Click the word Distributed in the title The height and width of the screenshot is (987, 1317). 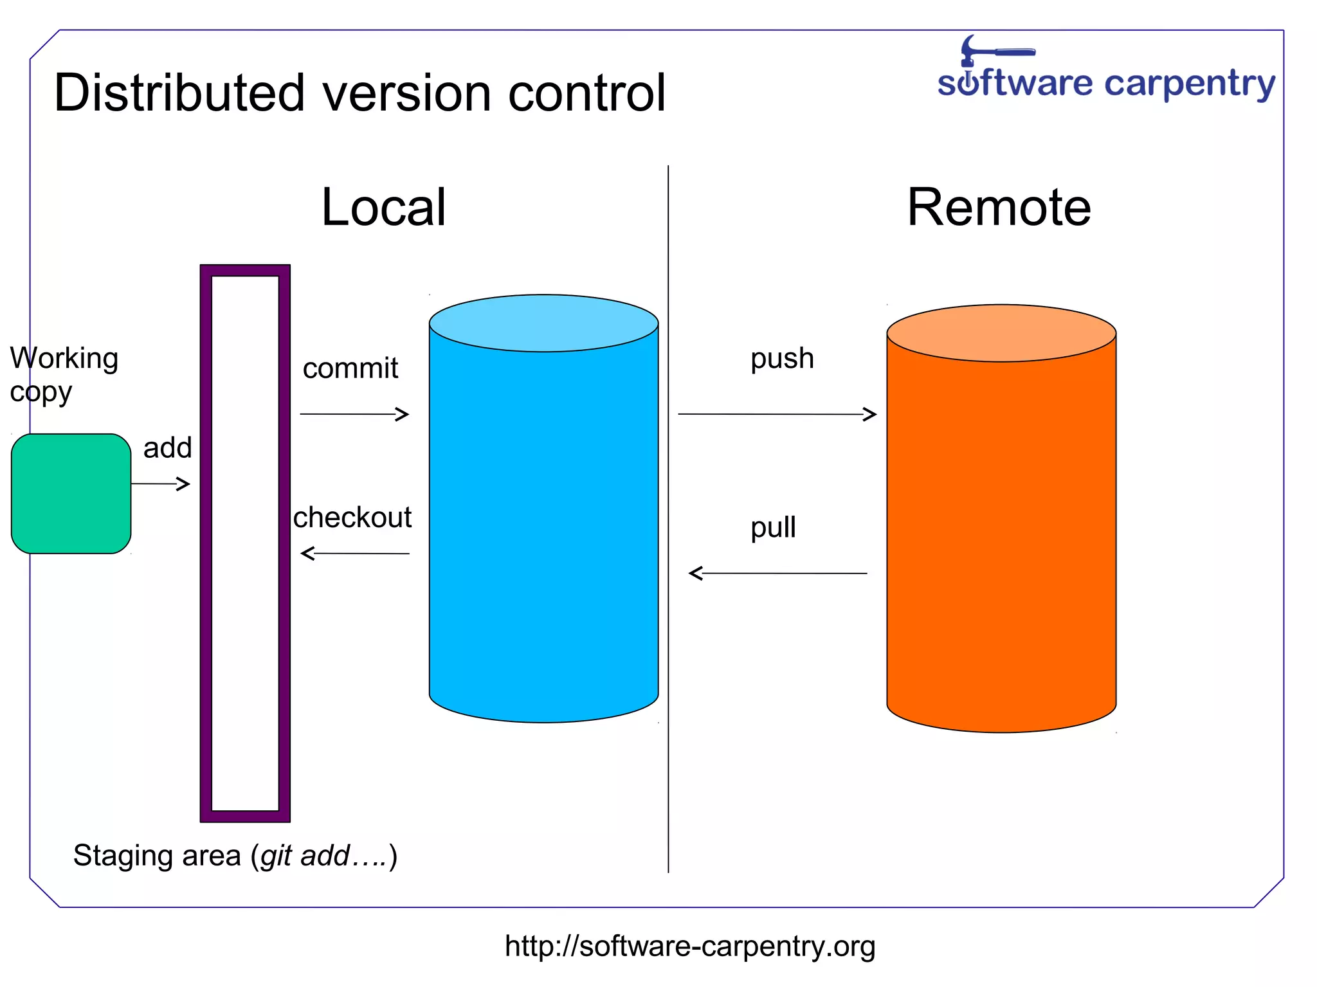pos(179,93)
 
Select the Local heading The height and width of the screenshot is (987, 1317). pos(383,207)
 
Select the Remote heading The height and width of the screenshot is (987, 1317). pos(999,207)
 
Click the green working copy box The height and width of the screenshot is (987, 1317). pos(71,493)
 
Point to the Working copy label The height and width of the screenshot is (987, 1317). pos(63,374)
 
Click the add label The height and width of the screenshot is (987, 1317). pos(167,448)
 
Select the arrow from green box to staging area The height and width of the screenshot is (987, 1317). pos(160,484)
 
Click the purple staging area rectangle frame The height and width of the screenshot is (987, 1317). pos(206,543)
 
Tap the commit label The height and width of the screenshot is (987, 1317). pos(350,368)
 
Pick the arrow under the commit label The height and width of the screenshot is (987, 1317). pos(354,414)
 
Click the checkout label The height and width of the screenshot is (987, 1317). pos(352,517)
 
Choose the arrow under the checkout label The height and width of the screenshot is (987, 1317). pos(355,553)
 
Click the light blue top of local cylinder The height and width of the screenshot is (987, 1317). pos(543,323)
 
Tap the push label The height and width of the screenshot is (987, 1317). pos(782,359)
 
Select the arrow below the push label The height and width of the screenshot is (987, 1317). pos(777,414)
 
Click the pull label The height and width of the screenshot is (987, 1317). pos(773,527)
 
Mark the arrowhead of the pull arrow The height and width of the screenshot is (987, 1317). pos(695,573)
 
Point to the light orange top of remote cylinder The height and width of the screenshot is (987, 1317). pos(1001,333)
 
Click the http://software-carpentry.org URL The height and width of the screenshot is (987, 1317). pos(690,946)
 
